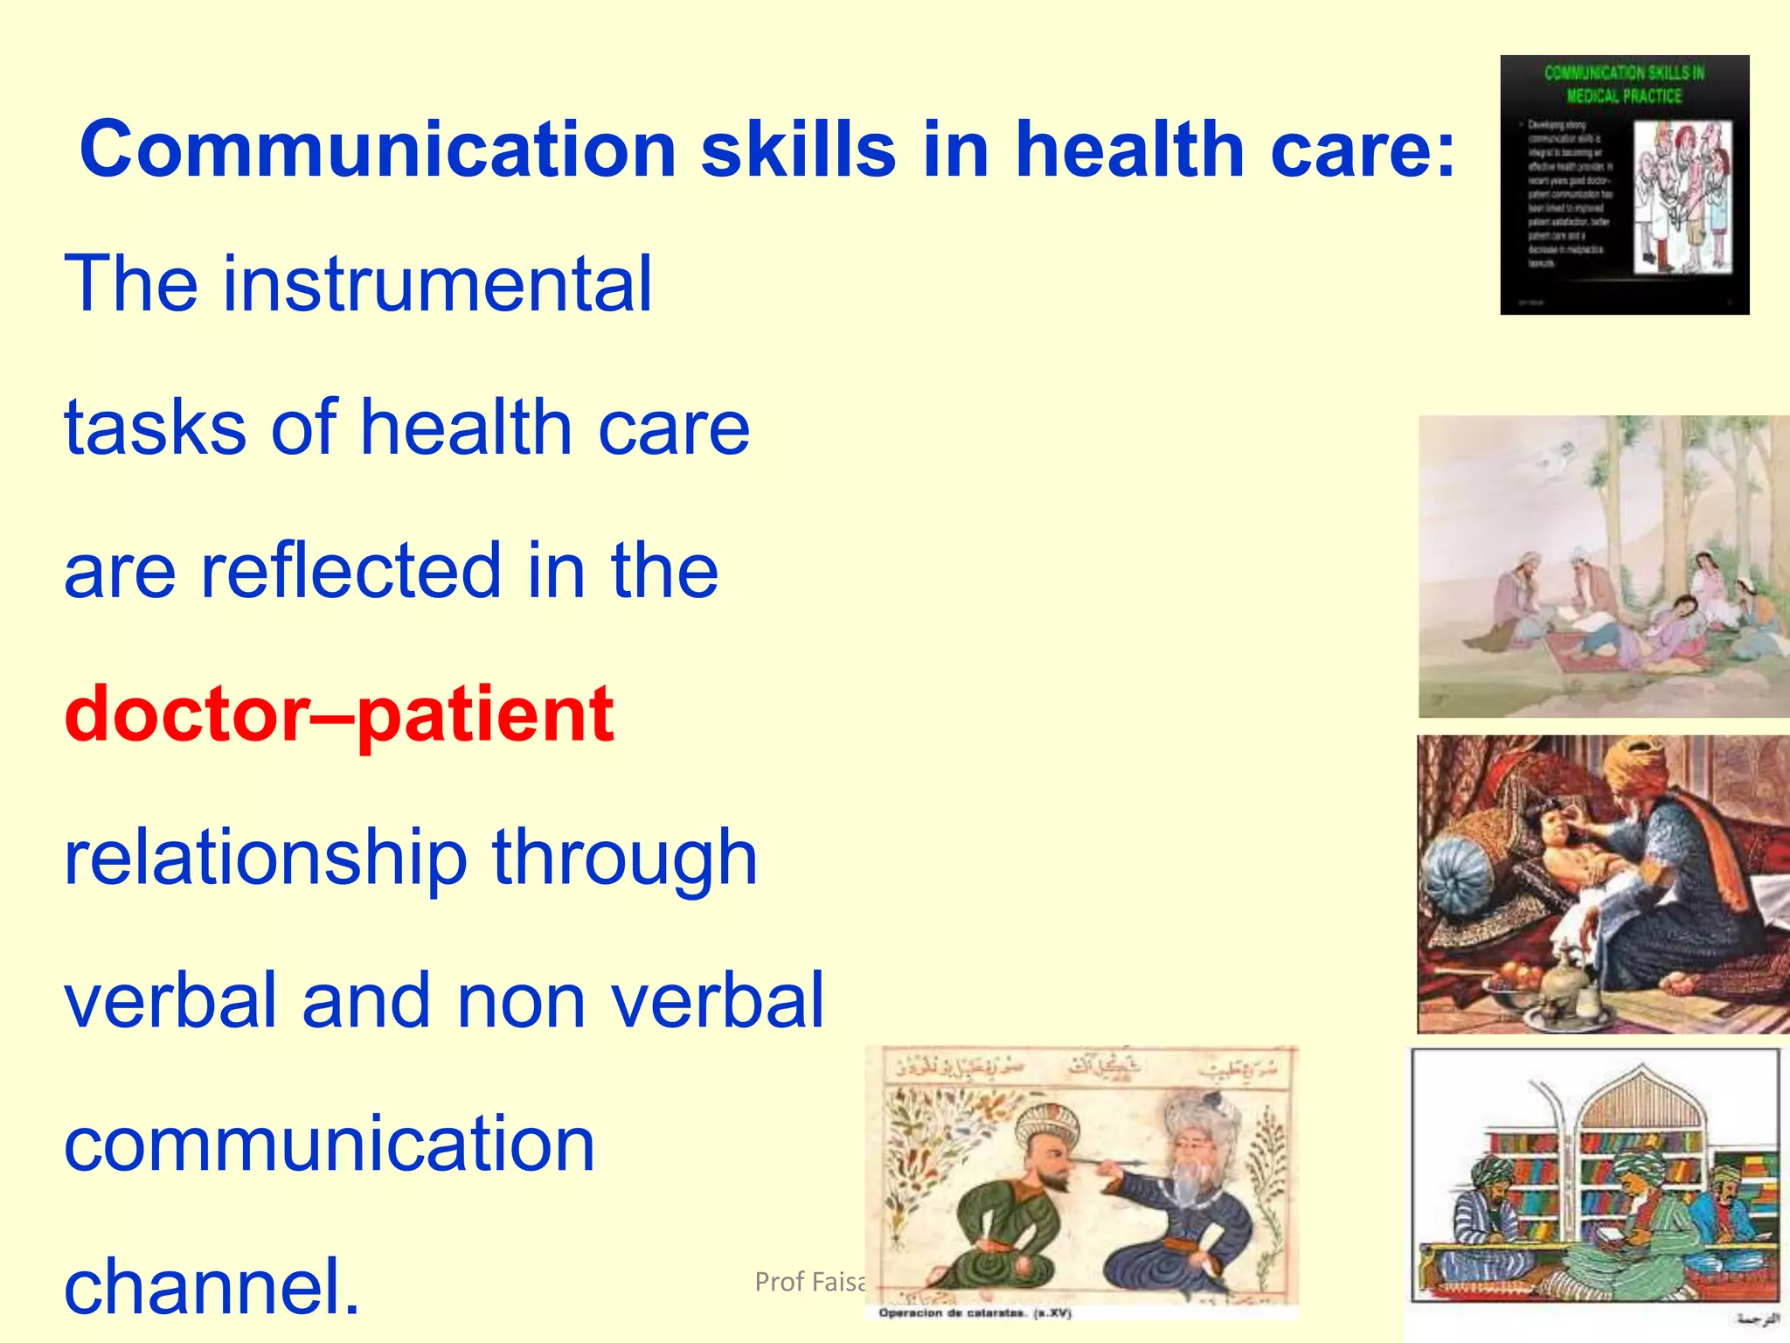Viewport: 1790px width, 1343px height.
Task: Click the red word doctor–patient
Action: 339,715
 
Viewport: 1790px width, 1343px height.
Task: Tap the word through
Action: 624,859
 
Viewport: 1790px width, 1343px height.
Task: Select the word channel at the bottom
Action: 212,1286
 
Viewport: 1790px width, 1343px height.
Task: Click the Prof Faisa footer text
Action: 809,1282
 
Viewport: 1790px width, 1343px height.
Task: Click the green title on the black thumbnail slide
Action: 1624,84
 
